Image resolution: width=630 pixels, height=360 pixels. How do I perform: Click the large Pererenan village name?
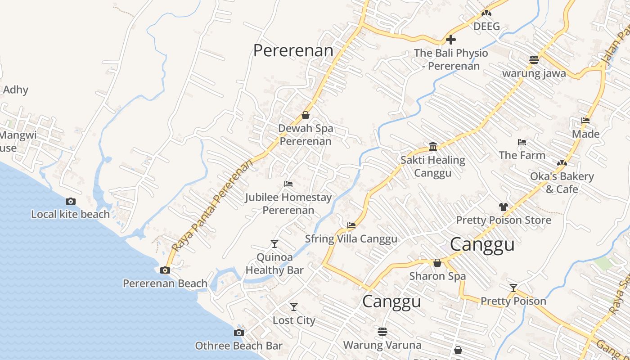coord(293,50)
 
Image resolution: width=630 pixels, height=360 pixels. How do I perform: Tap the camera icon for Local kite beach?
coord(71,201)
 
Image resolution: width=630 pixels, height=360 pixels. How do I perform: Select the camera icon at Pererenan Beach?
coord(165,270)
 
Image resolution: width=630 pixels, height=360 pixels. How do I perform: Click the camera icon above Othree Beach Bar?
coord(239,333)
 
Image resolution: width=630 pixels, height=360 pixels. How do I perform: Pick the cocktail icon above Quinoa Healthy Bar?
coord(274,244)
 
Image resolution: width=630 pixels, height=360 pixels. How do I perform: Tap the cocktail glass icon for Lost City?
coord(294,307)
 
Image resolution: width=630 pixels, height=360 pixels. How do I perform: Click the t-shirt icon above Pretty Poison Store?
coord(503,207)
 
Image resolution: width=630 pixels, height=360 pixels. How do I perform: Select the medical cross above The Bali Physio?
coord(451,40)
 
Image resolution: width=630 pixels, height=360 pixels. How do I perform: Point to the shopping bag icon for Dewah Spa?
coord(306,115)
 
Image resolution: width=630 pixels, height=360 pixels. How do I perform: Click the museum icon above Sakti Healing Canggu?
coord(433,147)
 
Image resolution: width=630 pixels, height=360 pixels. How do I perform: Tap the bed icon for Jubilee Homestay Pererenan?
coord(288,184)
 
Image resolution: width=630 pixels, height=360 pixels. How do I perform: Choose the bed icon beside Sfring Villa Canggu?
coord(351,225)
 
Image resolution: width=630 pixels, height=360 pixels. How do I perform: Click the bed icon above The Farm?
coord(522,142)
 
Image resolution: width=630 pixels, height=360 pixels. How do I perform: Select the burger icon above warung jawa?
coord(534,60)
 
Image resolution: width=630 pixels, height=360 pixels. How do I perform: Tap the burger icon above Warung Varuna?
coord(382,332)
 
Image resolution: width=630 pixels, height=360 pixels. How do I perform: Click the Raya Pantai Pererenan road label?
coord(212,205)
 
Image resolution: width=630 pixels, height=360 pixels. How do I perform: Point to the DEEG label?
coord(486,26)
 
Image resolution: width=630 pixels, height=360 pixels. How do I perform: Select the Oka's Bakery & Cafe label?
coord(562,182)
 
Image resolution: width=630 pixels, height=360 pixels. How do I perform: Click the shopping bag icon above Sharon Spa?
coord(437,263)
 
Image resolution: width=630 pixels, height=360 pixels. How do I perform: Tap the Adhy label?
coord(15,90)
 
